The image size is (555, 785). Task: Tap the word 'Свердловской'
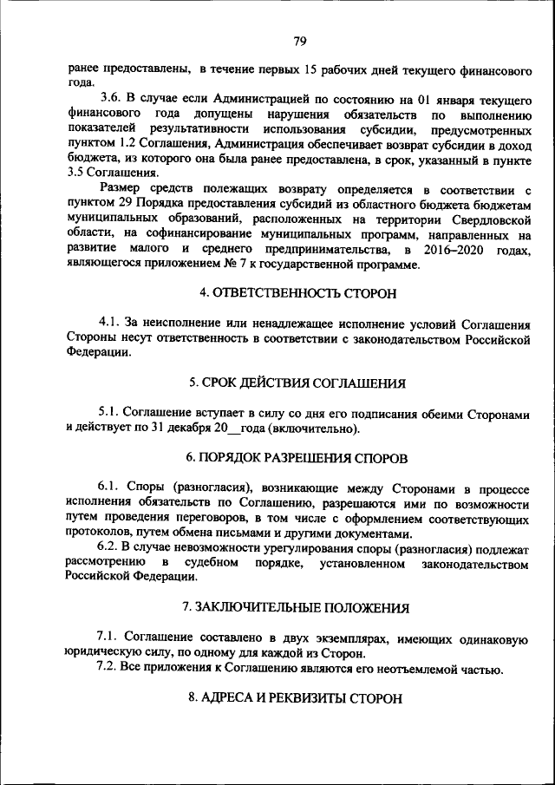point(490,219)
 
